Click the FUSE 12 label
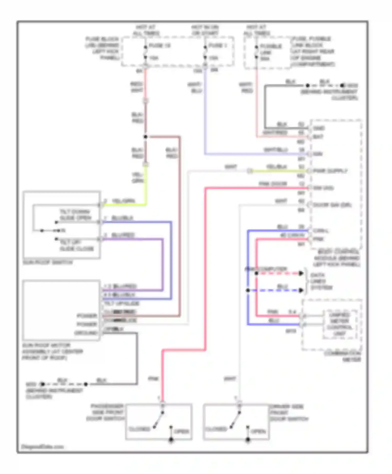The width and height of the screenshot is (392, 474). (x=159, y=45)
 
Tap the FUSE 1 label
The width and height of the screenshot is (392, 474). (x=217, y=45)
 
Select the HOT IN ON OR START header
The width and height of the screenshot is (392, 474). (x=205, y=30)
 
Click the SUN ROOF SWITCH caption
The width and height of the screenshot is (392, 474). (x=48, y=262)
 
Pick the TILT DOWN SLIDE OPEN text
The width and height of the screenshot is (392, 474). (x=75, y=215)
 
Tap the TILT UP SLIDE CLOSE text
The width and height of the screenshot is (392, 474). (x=76, y=245)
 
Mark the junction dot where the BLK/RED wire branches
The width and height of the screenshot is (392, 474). (x=146, y=137)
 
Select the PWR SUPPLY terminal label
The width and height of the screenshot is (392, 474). (x=330, y=171)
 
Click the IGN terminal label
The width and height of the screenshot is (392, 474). (x=318, y=154)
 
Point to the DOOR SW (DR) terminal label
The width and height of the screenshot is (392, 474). (x=332, y=205)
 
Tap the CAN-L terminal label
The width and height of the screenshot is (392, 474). (x=321, y=231)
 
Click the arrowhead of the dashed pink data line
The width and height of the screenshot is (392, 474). (x=301, y=273)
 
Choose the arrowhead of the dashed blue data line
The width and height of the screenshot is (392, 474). (x=301, y=290)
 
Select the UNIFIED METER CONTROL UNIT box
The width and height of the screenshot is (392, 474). (x=339, y=324)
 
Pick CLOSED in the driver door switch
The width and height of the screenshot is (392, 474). (x=216, y=429)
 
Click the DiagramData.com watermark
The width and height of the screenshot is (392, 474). (x=42, y=447)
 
